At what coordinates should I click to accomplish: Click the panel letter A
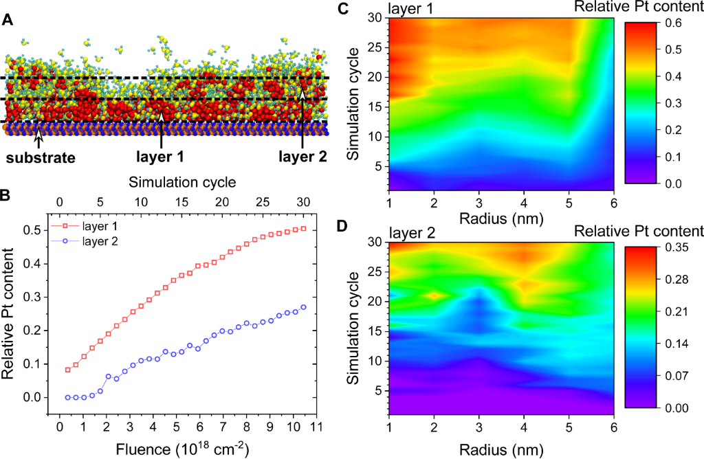click(x=8, y=20)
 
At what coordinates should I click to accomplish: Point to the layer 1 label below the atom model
click(x=161, y=156)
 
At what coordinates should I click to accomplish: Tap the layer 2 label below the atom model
click(x=302, y=156)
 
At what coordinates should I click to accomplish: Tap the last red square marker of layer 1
click(x=303, y=229)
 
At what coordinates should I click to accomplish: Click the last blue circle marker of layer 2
click(x=303, y=307)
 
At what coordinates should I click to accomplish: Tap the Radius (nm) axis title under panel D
click(x=501, y=450)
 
